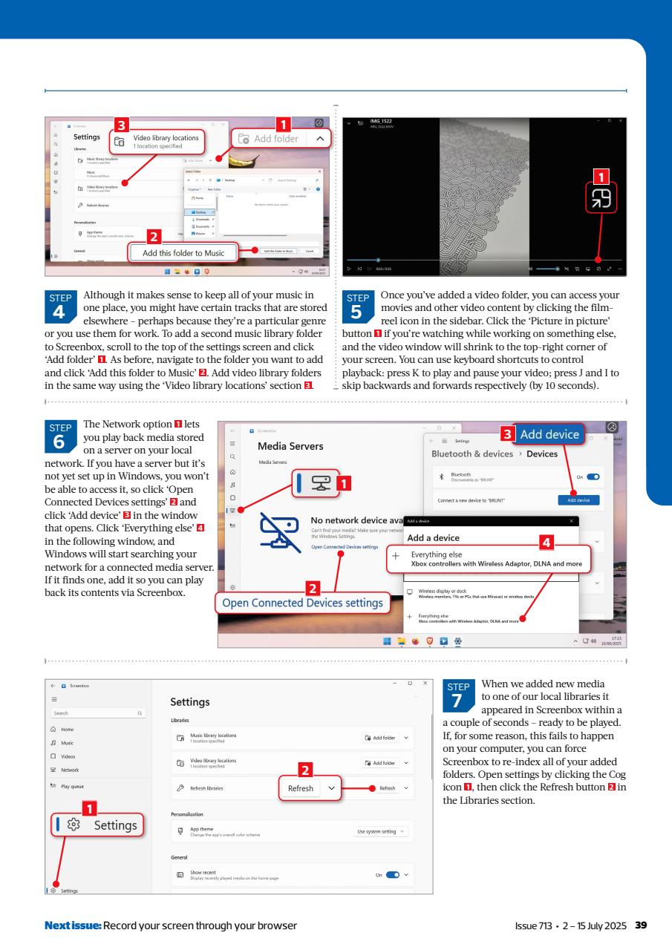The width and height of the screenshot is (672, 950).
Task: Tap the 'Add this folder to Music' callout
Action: (183, 253)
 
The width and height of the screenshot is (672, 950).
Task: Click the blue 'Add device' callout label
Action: (549, 434)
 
